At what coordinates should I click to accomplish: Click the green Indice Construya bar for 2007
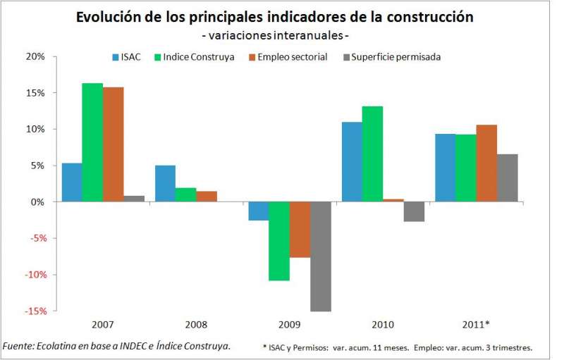92,142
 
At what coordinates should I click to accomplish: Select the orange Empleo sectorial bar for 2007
113,144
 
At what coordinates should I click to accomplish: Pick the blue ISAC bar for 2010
352,162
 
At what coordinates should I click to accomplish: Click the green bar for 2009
279,241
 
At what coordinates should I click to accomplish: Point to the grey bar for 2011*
507,178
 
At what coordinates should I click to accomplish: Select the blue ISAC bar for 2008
165,183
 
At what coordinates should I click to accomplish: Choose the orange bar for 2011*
486,163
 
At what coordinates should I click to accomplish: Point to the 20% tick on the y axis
35,56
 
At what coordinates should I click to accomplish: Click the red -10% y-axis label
34,275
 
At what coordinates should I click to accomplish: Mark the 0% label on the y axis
37,202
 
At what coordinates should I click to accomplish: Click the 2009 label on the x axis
290,325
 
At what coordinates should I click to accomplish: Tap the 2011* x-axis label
476,325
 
